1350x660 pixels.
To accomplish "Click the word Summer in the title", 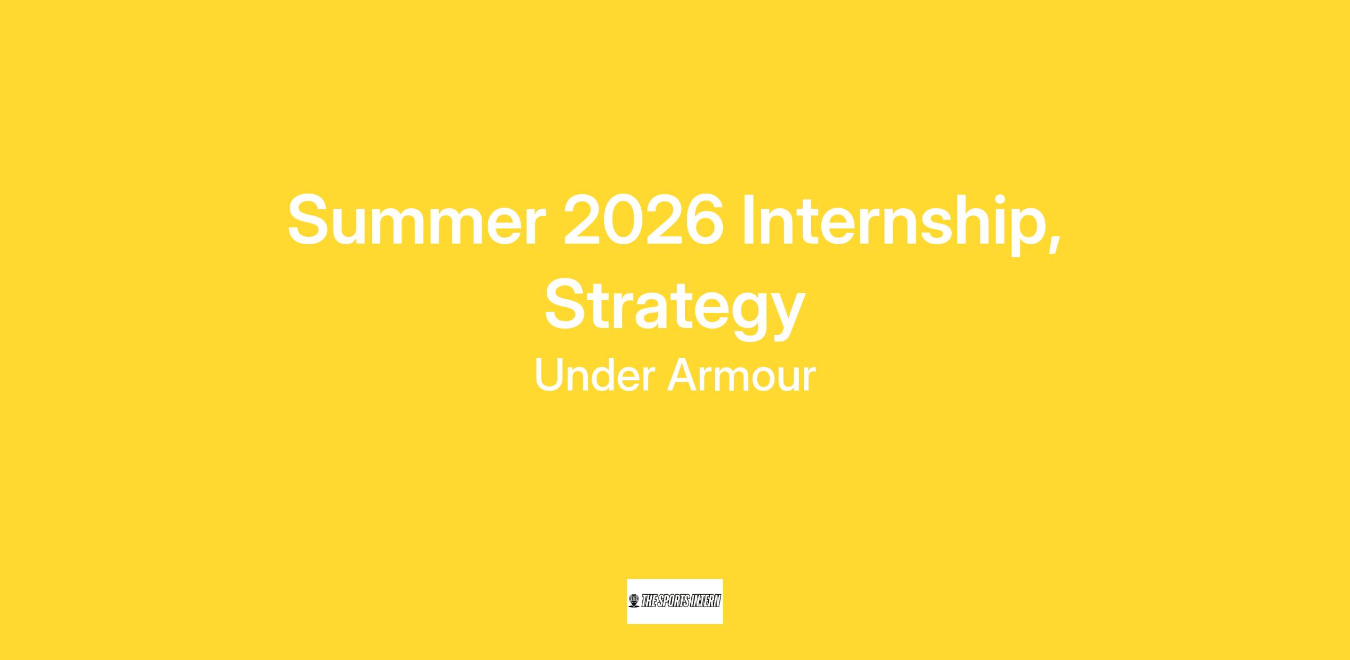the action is click(417, 221).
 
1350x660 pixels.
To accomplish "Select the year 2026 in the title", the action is click(643, 220).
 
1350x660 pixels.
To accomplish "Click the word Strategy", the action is click(675, 308).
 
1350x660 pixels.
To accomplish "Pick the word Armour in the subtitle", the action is click(741, 375).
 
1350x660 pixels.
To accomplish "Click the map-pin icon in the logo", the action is click(634, 601).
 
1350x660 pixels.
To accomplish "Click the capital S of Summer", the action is click(309, 220).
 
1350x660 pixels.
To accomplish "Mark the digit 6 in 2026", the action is click(705, 220).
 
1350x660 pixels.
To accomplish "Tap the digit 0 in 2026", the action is click(623, 220).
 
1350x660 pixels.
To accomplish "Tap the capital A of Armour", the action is click(683, 375).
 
